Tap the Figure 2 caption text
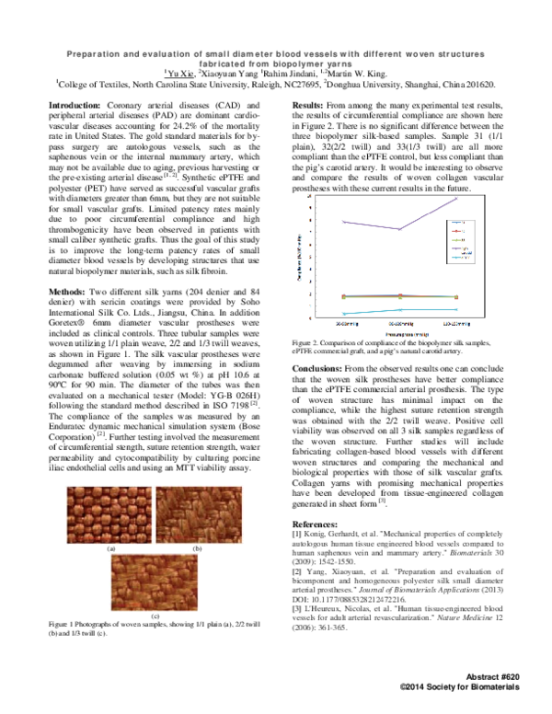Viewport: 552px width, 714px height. pos(390,347)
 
